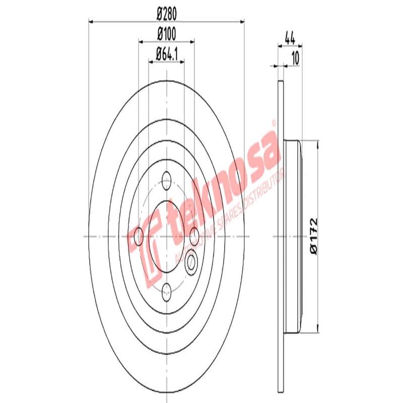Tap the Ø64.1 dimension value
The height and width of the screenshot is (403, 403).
click(166, 52)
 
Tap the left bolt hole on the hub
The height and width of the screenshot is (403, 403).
click(139, 234)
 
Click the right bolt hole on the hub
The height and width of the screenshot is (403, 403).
click(194, 233)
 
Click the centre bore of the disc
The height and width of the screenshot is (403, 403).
click(166, 234)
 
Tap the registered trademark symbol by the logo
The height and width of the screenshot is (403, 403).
click(273, 122)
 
